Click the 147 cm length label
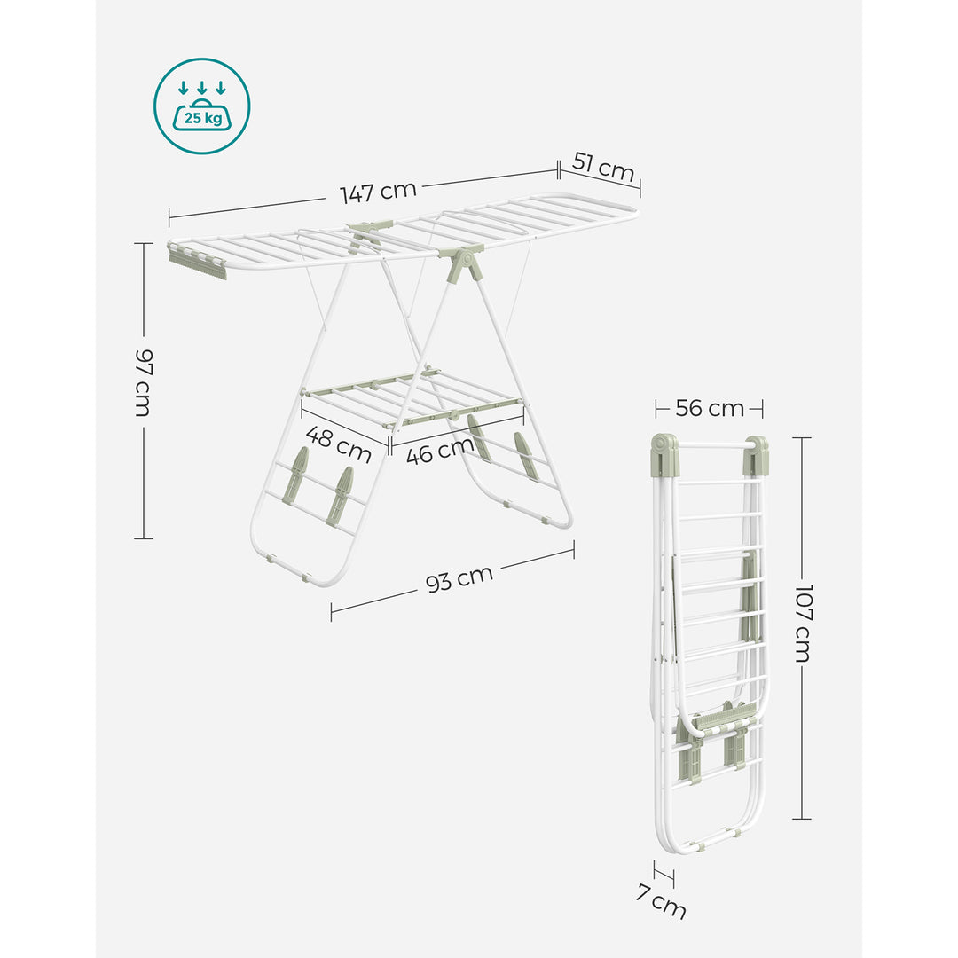pyautogui.click(x=378, y=192)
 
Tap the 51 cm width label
pyautogui.click(x=603, y=168)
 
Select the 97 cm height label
pyautogui.click(x=144, y=382)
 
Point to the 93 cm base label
pyautogui.click(x=459, y=578)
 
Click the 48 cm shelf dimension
pyautogui.click(x=339, y=444)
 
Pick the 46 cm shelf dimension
pyautogui.click(x=440, y=451)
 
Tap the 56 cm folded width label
pyautogui.click(x=710, y=408)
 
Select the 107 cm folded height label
pyautogui.click(x=804, y=623)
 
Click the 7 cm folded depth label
pyautogui.click(x=661, y=901)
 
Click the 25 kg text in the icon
pyautogui.click(x=203, y=117)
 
